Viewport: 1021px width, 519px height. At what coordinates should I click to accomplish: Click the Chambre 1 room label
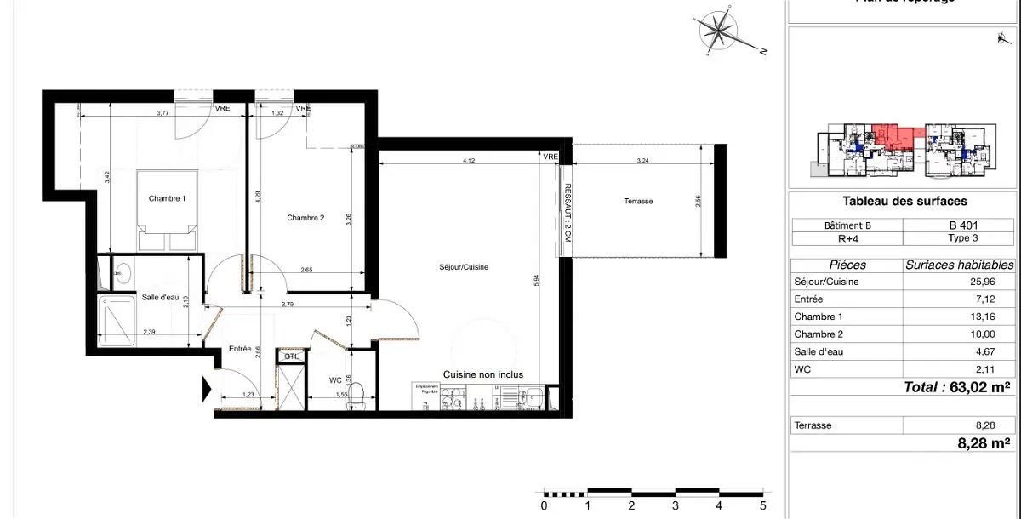tap(167, 199)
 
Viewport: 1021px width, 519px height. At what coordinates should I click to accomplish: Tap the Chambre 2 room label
tap(305, 218)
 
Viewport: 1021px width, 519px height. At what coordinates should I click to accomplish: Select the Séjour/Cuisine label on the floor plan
tap(465, 267)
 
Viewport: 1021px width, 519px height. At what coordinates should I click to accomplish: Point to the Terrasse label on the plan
tap(637, 202)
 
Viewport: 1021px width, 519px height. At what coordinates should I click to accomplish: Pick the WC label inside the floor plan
tap(335, 380)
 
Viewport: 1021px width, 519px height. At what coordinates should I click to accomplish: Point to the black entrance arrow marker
tap(206, 391)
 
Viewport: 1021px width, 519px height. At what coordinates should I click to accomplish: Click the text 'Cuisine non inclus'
tap(482, 374)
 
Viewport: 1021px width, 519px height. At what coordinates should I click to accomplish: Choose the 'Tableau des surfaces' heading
tap(904, 202)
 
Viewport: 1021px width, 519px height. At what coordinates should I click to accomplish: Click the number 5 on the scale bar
tap(762, 505)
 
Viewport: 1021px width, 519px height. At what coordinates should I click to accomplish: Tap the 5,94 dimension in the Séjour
tap(535, 280)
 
